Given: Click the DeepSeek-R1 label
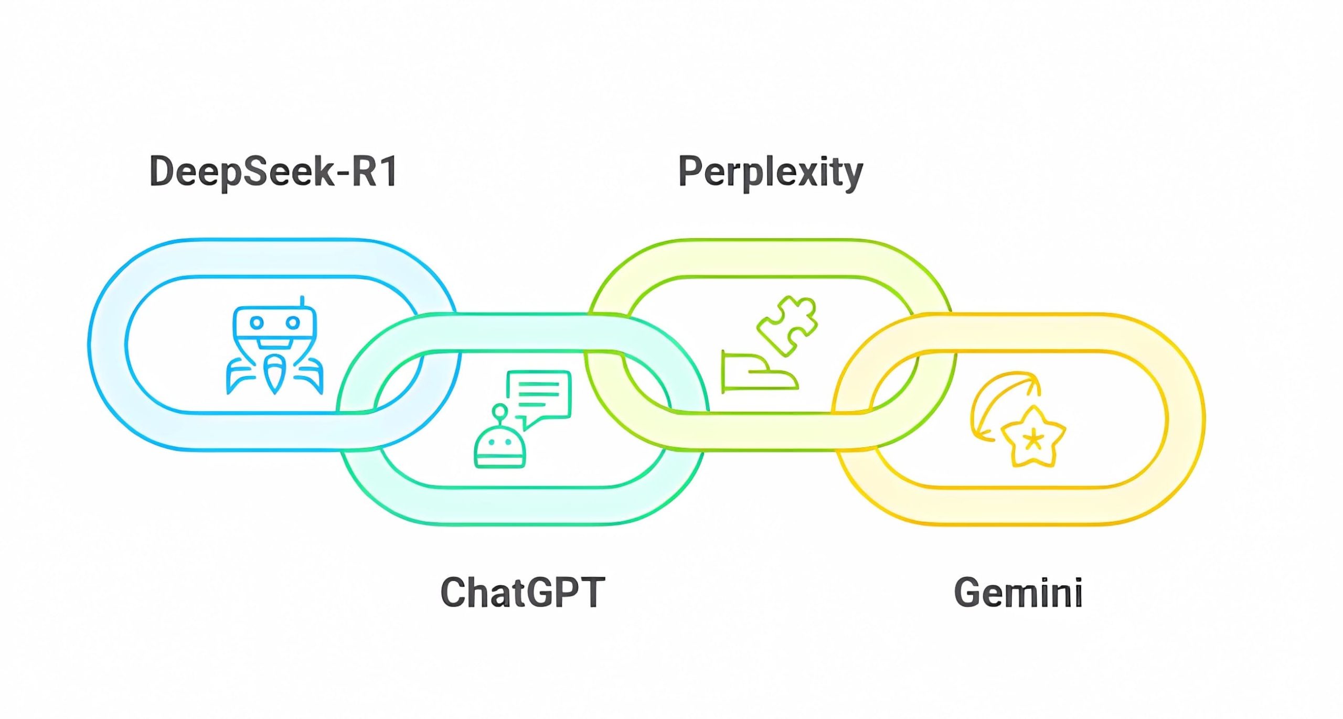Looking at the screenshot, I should pyautogui.click(x=273, y=171).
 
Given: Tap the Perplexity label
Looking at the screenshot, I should pyautogui.click(x=770, y=173).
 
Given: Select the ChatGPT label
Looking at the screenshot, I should pyautogui.click(x=523, y=592).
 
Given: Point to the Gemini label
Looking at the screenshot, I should pyautogui.click(x=1018, y=593).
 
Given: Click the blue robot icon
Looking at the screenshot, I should pyautogui.click(x=274, y=349).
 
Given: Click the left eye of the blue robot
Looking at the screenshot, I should pyautogui.click(x=257, y=322).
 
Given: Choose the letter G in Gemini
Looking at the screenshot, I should pyautogui.click(x=967, y=593).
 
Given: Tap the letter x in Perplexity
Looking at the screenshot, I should pyautogui.click(x=811, y=174).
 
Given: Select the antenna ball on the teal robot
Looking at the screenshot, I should pyautogui.click(x=500, y=411).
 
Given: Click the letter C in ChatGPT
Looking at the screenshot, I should pyautogui.click(x=453, y=593).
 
